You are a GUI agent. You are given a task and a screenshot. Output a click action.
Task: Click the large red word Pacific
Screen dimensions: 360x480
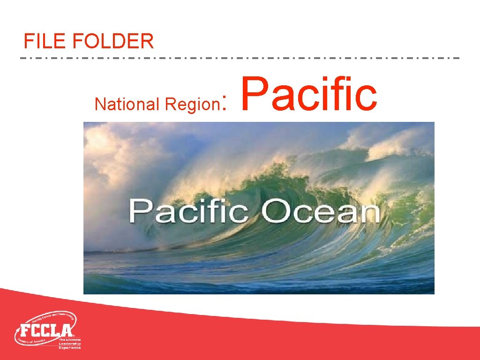click(x=309, y=94)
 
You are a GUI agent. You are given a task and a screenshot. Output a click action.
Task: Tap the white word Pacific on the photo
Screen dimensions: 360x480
click(x=189, y=211)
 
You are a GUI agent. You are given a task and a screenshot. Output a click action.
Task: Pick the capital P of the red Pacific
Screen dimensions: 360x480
click(x=255, y=94)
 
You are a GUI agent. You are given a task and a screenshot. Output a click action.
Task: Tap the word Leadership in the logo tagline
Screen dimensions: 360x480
click(x=70, y=344)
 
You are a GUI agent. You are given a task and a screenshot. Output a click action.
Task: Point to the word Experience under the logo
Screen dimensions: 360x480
click(x=70, y=347)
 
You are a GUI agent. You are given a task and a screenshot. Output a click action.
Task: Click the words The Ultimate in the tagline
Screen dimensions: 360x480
click(x=70, y=339)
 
